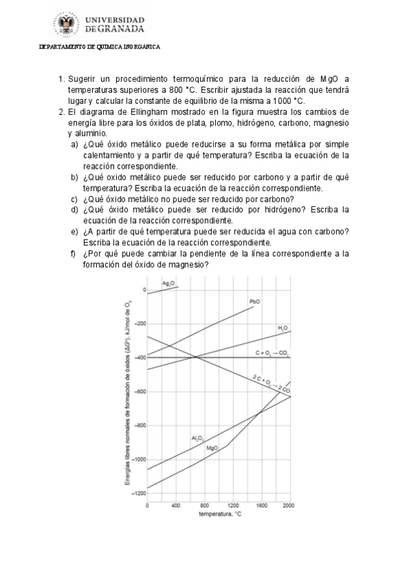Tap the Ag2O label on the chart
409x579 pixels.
[168, 283]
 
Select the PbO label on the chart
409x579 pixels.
[255, 301]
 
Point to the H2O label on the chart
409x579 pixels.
[283, 328]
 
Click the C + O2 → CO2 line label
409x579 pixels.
[272, 353]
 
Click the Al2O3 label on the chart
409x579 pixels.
[198, 438]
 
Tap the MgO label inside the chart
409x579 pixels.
[212, 448]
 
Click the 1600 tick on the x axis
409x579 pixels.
[262, 505]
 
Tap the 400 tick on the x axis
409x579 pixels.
[176, 505]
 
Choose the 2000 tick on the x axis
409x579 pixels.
[290, 505]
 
